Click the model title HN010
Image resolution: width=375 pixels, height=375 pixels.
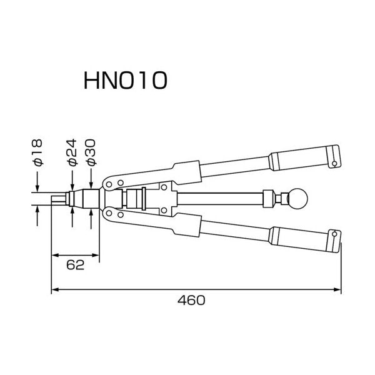click(x=126, y=81)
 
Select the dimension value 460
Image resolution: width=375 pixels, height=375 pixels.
click(x=191, y=300)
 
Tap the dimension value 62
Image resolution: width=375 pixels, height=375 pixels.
click(x=76, y=265)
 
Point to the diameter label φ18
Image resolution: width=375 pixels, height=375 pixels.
click(x=37, y=152)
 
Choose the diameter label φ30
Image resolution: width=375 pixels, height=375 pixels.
click(x=91, y=152)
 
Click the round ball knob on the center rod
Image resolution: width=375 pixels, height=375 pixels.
click(x=297, y=199)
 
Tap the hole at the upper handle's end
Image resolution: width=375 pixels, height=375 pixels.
click(x=334, y=164)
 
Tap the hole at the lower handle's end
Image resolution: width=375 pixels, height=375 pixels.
click(x=334, y=234)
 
